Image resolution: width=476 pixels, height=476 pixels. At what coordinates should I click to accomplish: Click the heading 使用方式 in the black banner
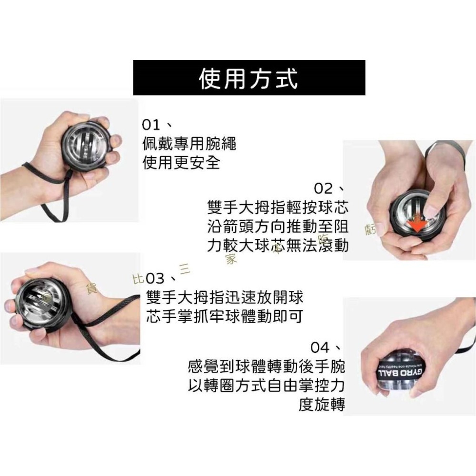[248, 78]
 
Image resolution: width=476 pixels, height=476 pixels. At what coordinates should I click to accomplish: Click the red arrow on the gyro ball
[417, 226]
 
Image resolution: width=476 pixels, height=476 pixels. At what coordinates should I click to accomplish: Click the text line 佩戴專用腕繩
[189, 144]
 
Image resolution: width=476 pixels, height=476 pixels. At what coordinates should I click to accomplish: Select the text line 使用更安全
[181, 163]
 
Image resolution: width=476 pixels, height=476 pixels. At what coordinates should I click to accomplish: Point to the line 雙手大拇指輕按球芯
[278, 208]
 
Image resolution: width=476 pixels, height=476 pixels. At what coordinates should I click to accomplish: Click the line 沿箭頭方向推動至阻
[278, 226]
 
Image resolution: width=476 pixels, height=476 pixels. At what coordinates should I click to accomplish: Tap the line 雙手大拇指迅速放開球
[225, 297]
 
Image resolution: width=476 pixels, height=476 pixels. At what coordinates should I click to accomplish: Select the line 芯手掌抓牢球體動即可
[225, 317]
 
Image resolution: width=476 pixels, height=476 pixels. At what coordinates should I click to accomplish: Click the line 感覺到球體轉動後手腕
[267, 367]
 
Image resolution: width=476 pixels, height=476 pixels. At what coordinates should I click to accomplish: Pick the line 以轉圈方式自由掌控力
[267, 385]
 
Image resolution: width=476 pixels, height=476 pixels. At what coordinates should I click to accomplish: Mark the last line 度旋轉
[322, 404]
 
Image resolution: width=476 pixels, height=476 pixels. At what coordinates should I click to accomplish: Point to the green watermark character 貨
[89, 288]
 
